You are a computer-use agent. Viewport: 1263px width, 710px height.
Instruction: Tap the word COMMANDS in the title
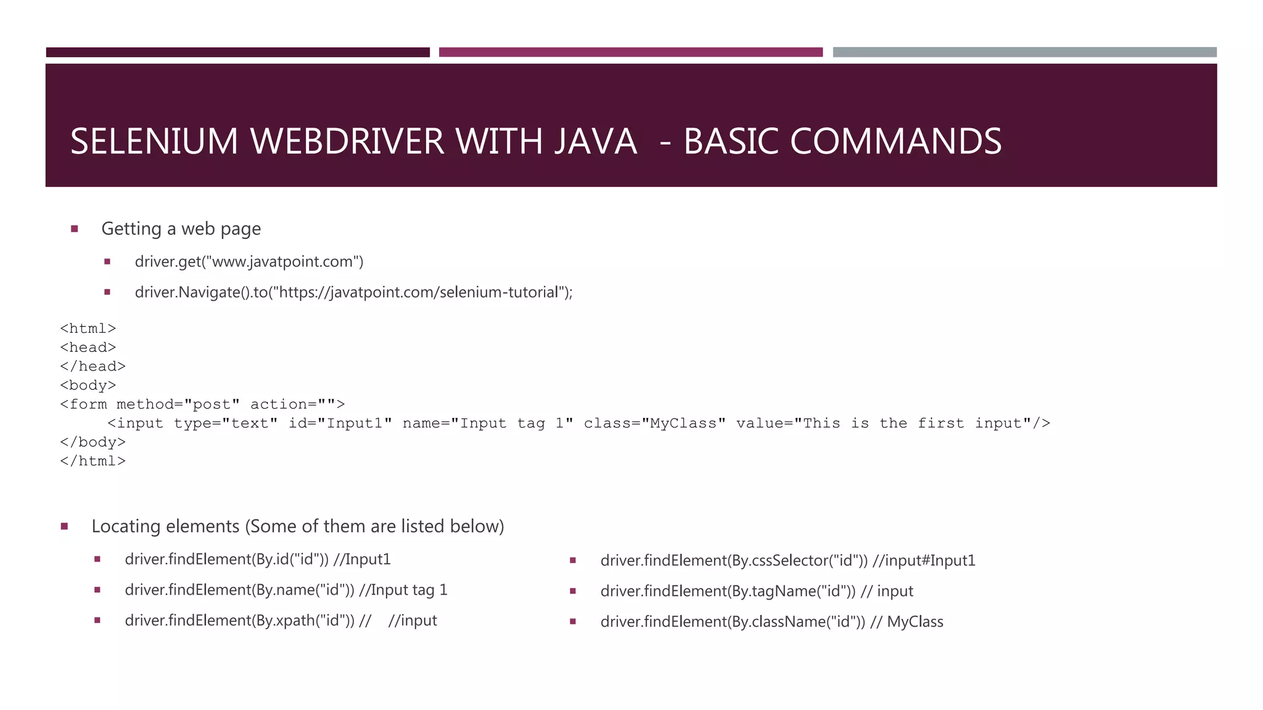point(895,142)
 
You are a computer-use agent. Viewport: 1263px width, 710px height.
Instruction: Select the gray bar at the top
point(1024,52)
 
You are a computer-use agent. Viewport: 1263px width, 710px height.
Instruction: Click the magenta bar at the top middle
point(630,52)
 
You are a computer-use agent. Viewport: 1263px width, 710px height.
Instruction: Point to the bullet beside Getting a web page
point(75,229)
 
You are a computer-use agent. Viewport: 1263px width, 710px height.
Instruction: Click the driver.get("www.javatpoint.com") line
point(249,262)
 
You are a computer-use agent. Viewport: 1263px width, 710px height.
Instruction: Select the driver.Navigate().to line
point(353,292)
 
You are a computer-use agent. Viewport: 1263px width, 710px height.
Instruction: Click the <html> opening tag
point(88,328)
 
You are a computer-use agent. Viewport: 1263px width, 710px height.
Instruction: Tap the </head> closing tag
point(93,367)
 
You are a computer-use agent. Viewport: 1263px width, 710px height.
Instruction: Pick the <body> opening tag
point(88,386)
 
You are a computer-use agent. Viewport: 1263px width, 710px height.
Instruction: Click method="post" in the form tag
point(178,404)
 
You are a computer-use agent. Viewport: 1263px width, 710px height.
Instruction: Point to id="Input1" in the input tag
point(340,423)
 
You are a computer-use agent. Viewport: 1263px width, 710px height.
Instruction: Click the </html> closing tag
point(93,461)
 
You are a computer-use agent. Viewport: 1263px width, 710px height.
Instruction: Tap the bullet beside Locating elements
point(65,526)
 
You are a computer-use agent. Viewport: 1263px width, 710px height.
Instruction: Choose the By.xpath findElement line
point(281,621)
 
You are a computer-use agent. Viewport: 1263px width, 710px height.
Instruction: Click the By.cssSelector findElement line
point(788,561)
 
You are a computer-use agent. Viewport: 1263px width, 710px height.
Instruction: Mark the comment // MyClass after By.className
point(907,622)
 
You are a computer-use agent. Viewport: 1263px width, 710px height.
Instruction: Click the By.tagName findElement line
point(757,592)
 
